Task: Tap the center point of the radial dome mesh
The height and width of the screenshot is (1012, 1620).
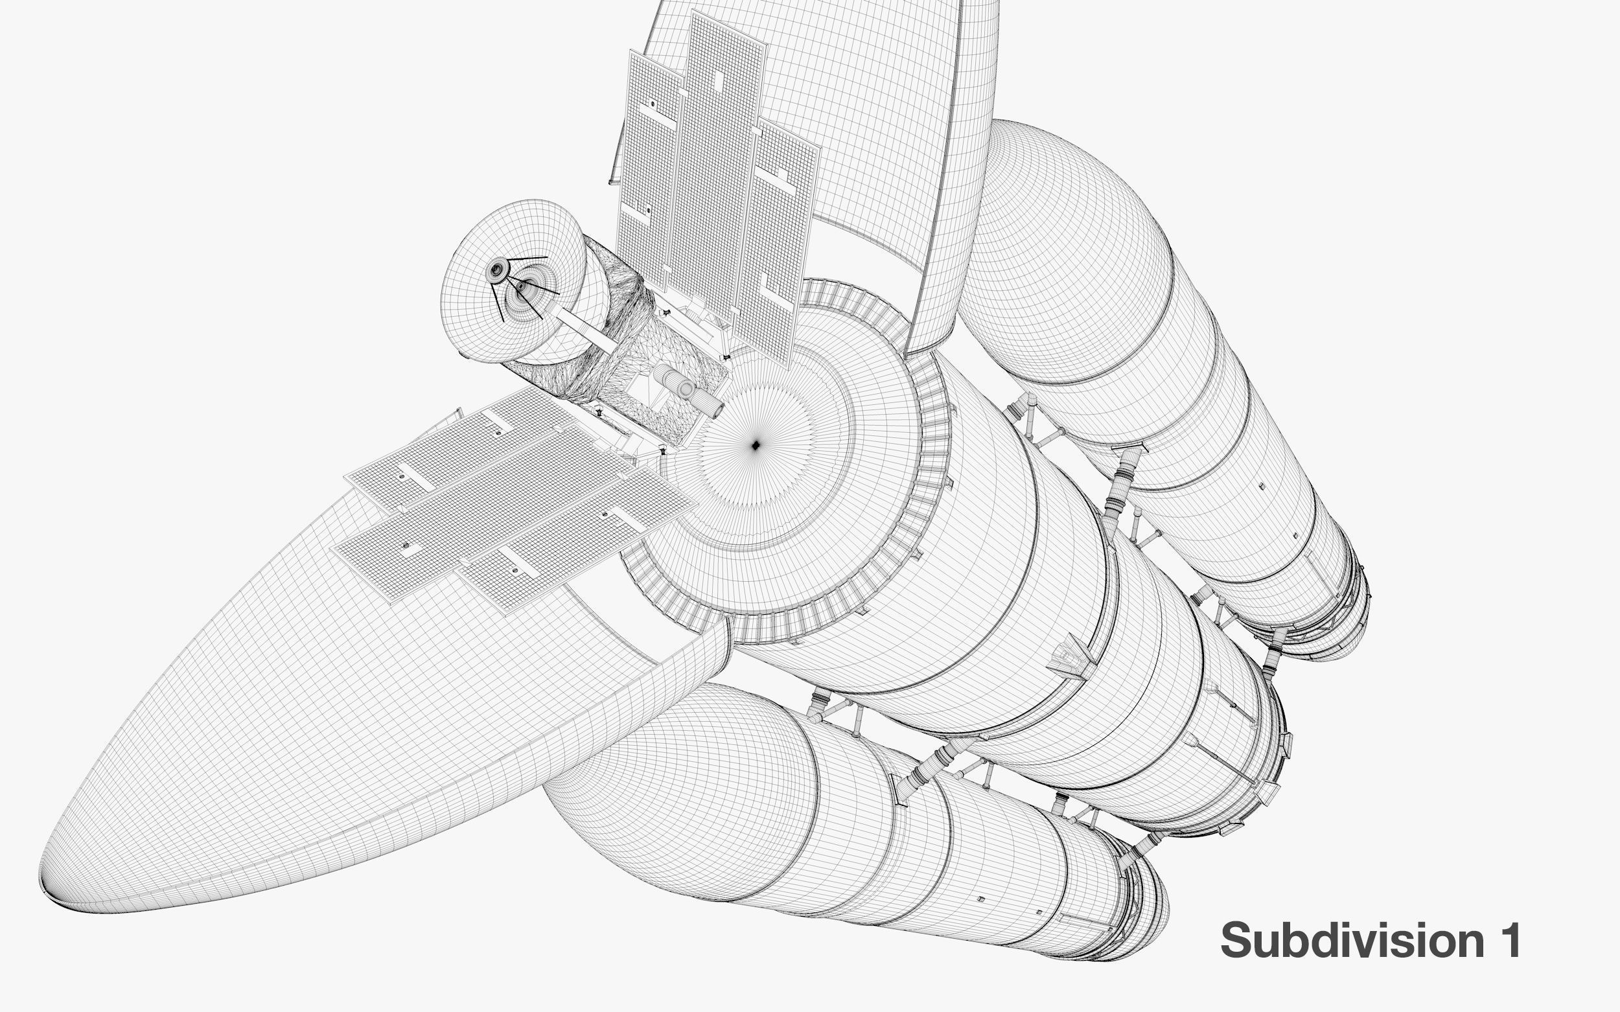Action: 755,445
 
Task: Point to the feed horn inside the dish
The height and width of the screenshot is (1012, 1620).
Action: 522,286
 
